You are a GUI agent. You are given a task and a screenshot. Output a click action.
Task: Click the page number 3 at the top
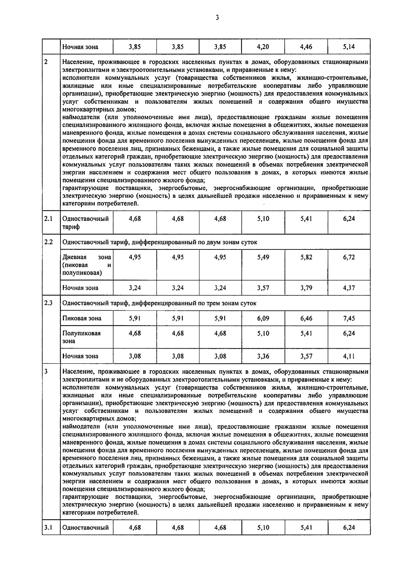point(217,18)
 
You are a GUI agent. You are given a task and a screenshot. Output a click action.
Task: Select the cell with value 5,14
point(349,47)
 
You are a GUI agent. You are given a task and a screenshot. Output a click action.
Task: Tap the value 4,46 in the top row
point(306,47)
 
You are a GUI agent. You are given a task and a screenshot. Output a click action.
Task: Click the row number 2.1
point(48,219)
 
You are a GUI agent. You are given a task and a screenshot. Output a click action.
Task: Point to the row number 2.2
point(48,242)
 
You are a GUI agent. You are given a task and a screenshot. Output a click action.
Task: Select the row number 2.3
point(48,303)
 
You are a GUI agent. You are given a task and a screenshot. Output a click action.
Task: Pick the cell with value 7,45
point(349,318)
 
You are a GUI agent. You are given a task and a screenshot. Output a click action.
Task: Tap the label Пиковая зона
point(82,318)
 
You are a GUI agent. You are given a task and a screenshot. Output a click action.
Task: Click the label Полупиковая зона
point(82,337)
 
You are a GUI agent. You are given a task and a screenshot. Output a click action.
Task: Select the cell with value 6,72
point(349,257)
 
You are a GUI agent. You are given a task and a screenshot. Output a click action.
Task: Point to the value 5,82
point(306,257)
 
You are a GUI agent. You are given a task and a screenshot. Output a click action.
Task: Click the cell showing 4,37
point(349,288)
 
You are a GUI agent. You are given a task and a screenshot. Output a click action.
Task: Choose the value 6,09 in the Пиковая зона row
point(263,318)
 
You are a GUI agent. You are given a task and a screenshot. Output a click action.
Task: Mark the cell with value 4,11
point(349,356)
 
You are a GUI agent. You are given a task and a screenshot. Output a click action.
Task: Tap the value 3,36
point(263,356)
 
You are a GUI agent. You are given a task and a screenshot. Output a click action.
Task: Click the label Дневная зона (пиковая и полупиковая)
point(87,265)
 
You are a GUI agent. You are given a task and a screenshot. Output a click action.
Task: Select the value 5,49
point(263,257)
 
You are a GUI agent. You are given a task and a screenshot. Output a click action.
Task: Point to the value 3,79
point(306,288)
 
